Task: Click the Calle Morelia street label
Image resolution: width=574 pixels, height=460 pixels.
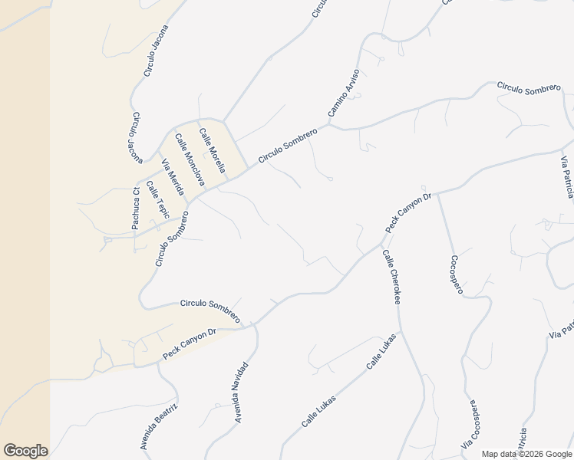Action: click(212, 150)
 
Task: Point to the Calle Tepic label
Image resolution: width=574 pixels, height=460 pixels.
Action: click(157, 198)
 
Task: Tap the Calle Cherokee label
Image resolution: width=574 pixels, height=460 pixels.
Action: click(391, 277)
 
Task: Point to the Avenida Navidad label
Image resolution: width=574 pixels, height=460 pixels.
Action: click(242, 392)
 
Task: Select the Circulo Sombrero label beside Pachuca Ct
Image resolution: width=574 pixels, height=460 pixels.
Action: click(172, 238)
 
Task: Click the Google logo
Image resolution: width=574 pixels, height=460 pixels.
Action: click(25, 451)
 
